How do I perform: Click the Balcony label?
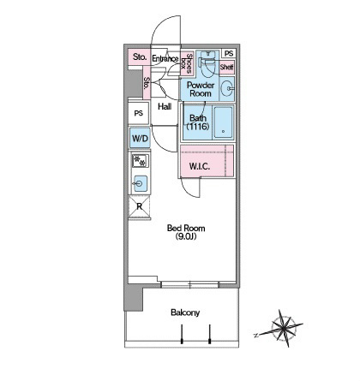[185, 313]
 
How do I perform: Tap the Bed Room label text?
[186, 228]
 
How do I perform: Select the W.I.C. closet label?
[200, 166]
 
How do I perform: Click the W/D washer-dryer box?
[140, 138]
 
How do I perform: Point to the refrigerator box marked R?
[140, 206]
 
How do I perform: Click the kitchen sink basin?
[141, 183]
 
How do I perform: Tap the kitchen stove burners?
[141, 161]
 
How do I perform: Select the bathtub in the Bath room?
[223, 122]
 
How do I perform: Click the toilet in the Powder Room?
[207, 63]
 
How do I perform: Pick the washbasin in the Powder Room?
[228, 88]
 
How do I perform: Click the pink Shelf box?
[227, 68]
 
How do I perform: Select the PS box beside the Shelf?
[229, 53]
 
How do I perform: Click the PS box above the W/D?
[139, 113]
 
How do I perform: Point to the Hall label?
[165, 107]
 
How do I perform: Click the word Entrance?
[165, 59]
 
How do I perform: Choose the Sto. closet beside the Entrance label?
[140, 57]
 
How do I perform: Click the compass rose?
[281, 329]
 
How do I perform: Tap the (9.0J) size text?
[186, 236]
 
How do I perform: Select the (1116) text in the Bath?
[198, 126]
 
